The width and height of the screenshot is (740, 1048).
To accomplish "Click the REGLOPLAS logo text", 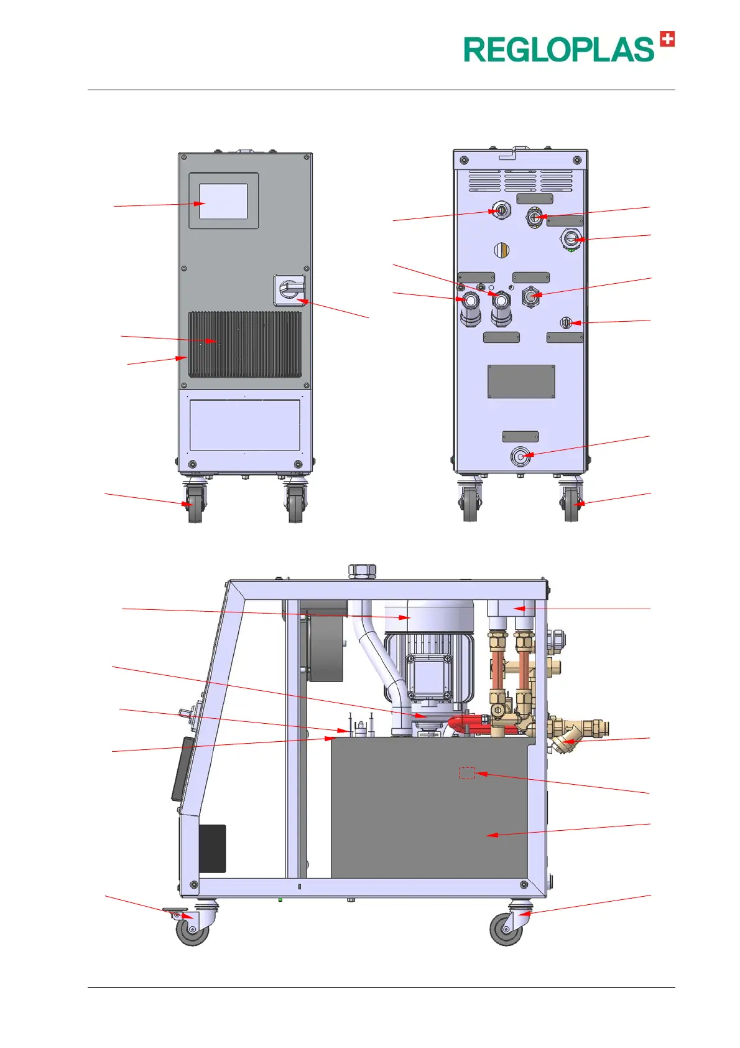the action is tap(558, 50).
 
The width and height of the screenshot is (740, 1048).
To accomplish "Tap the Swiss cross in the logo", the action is tap(667, 39).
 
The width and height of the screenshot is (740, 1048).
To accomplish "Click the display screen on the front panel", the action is tap(223, 201).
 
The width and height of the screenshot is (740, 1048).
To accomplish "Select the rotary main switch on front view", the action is tap(290, 290).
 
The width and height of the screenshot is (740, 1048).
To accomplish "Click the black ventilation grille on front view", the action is tap(245, 344).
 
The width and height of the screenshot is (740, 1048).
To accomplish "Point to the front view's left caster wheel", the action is tap(195, 503).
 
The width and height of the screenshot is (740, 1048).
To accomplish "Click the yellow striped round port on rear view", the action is tap(502, 250).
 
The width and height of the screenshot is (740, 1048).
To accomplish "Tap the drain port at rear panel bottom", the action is tap(520, 457).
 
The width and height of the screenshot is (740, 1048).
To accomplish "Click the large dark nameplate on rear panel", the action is tap(521, 381).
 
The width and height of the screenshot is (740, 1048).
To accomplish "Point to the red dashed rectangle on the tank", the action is tap(467, 773).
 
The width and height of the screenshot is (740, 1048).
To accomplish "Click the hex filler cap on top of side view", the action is tap(362, 570).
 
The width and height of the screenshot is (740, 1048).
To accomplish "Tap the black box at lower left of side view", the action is tap(212, 848).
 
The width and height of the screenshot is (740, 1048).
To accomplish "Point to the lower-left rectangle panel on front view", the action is tap(245, 425).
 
